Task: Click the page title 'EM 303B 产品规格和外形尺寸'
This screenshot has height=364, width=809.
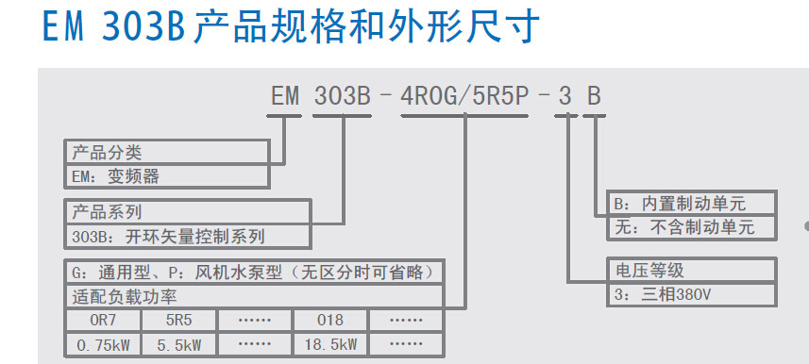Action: pyautogui.click(x=293, y=27)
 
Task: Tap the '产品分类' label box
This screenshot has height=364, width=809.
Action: pyautogui.click(x=167, y=152)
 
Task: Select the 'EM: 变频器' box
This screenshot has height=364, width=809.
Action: pyautogui.click(x=167, y=175)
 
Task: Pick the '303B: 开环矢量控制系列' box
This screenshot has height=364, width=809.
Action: pyautogui.click(x=187, y=236)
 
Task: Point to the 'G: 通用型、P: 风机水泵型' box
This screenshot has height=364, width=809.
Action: pyautogui.click(x=254, y=273)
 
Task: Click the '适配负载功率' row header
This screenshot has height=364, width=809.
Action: pyautogui.click(x=254, y=297)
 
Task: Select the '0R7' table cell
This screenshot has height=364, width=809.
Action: pyautogui.click(x=102, y=321)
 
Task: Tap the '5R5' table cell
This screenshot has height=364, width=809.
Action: pyautogui.click(x=179, y=321)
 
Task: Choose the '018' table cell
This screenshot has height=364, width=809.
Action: pyautogui.click(x=330, y=321)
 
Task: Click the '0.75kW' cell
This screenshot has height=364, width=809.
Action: pyautogui.click(x=102, y=345)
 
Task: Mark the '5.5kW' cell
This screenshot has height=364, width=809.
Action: pyautogui.click(x=179, y=345)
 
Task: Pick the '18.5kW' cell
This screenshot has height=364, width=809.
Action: pyautogui.click(x=330, y=345)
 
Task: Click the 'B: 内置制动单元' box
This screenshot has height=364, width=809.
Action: pyautogui.click(x=691, y=203)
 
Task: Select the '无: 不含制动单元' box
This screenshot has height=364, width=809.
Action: pyautogui.click(x=691, y=227)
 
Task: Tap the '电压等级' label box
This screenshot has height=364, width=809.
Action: pyautogui.click(x=691, y=272)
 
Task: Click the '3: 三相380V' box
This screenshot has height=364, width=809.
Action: pyautogui.click(x=691, y=295)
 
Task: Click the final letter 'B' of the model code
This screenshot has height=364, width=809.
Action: pyautogui.click(x=593, y=96)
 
